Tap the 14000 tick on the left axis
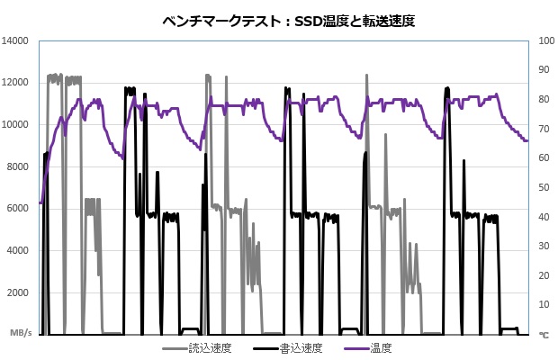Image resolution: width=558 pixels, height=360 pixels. [x=17, y=41]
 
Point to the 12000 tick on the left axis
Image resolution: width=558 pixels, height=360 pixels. [x=17, y=83]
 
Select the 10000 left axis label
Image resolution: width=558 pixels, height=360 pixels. [x=17, y=125]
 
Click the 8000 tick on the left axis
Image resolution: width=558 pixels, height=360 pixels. [x=20, y=166]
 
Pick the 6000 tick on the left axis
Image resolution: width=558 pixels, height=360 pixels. [x=20, y=209]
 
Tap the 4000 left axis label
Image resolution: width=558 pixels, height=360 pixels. [x=20, y=251]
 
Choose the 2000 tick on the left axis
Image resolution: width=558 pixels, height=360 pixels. [x=20, y=292]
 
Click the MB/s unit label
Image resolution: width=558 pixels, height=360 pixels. [x=21, y=333]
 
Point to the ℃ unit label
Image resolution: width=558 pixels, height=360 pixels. [x=543, y=334]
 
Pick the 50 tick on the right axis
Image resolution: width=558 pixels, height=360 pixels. [x=544, y=187]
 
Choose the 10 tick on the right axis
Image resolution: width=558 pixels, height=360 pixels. [x=544, y=305]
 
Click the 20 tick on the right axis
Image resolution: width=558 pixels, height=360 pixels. [x=544, y=275]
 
